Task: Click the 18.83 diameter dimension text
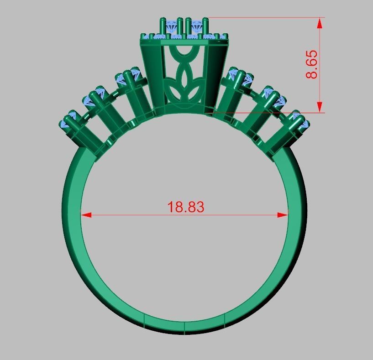pyautogui.click(x=185, y=207)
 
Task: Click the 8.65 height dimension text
pyautogui.click(x=312, y=64)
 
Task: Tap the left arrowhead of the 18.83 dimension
pyautogui.click(x=86, y=214)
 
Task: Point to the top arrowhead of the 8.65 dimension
pyautogui.click(x=320, y=23)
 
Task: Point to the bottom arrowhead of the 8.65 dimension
pyautogui.click(x=320, y=107)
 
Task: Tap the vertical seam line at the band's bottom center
pyautogui.click(x=184, y=328)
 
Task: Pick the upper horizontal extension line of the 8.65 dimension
pyautogui.click(x=265, y=18)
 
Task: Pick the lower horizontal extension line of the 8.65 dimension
pyautogui.click(x=265, y=113)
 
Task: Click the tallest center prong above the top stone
pyautogui.click(x=188, y=26)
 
